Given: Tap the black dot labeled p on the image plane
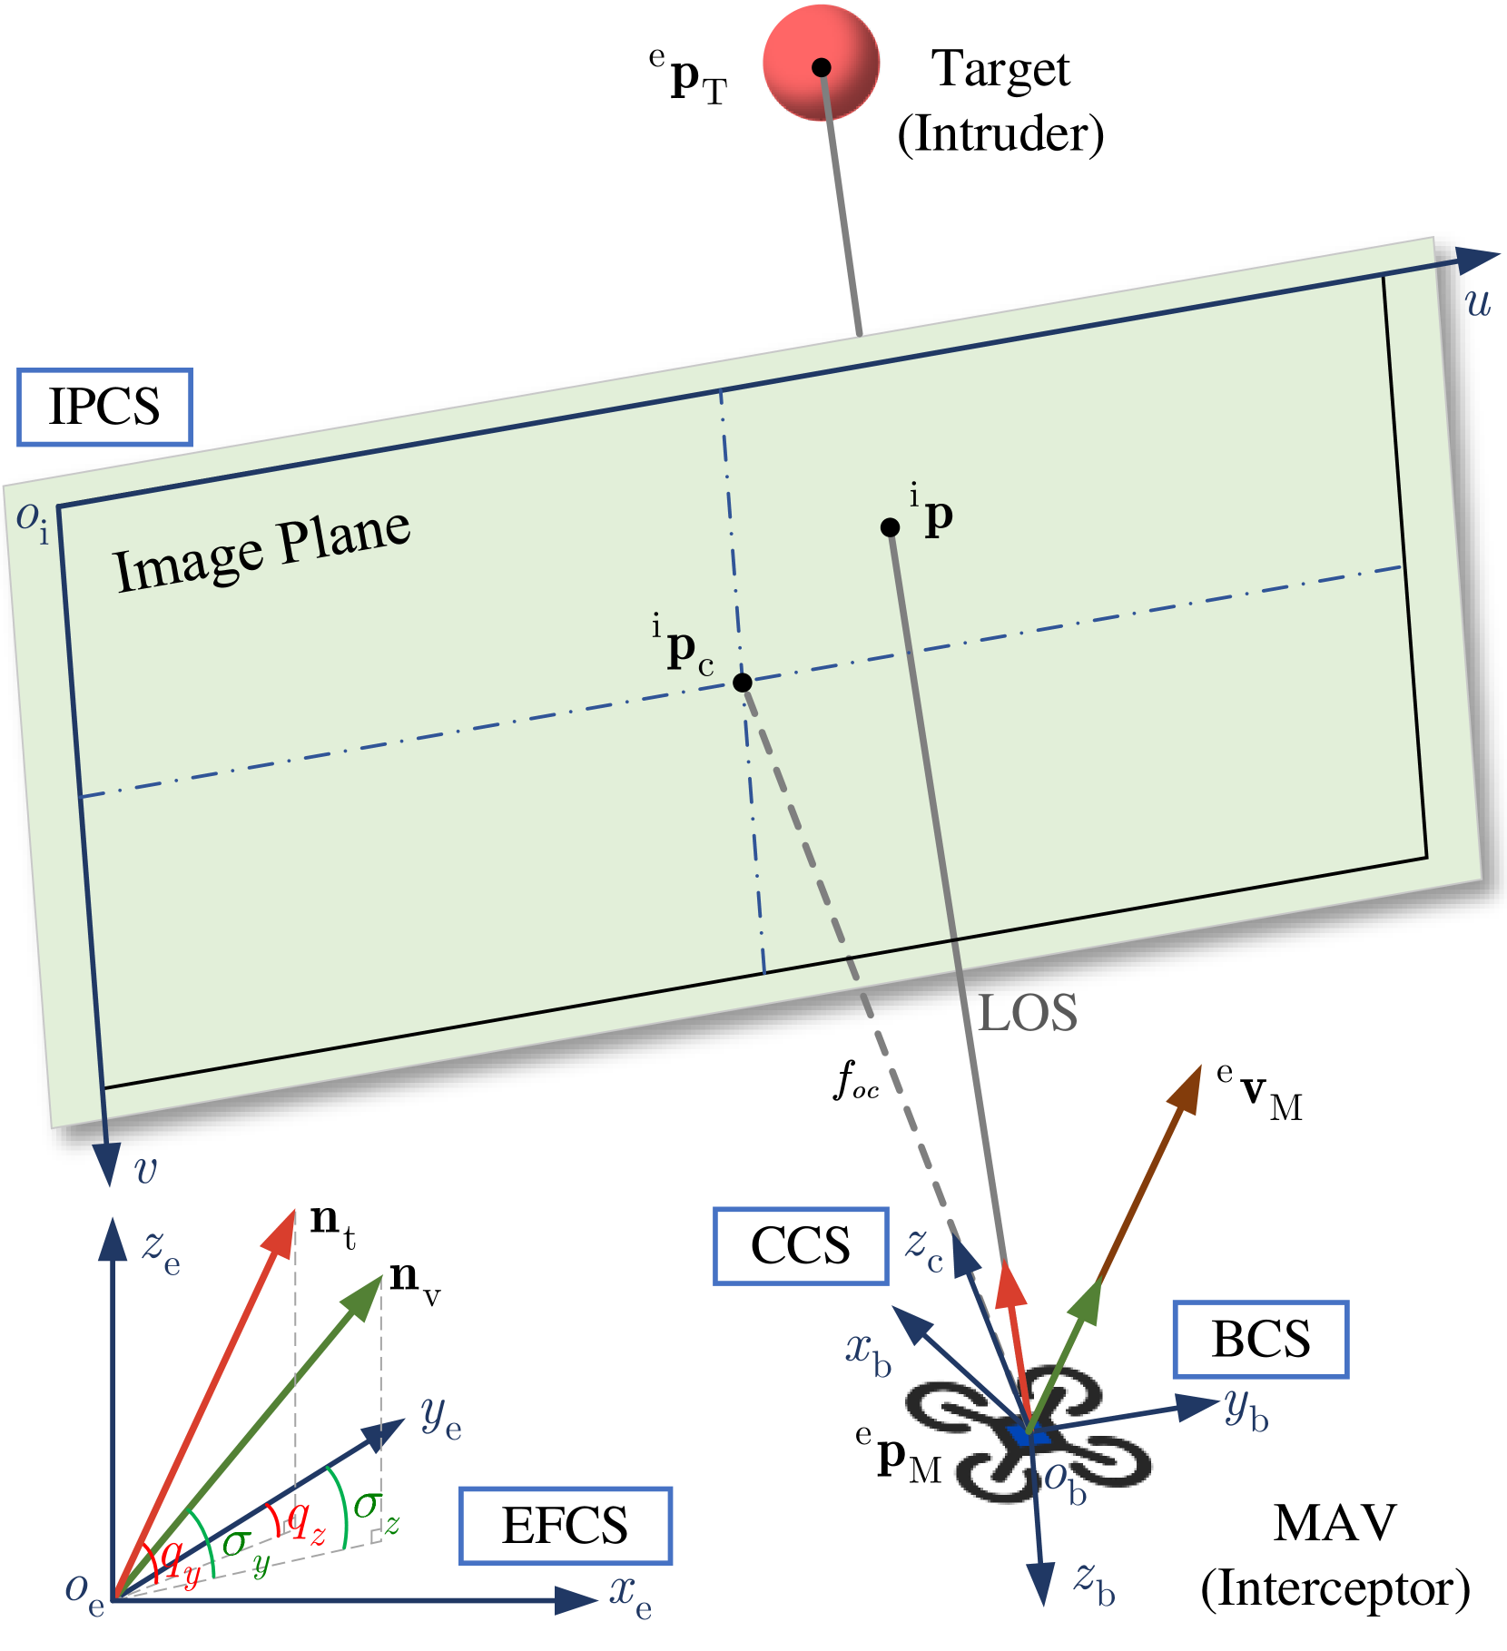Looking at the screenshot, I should point(890,527).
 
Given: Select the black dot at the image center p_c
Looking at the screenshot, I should point(743,683).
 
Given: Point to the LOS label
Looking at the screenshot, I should point(1028,1014).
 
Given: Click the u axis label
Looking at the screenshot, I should point(1478,302).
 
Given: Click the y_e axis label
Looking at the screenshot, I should point(441,1419).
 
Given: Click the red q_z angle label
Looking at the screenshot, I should point(305,1522).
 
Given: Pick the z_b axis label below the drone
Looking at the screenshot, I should point(1094,1584).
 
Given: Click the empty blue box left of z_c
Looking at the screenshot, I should point(801,1246).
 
